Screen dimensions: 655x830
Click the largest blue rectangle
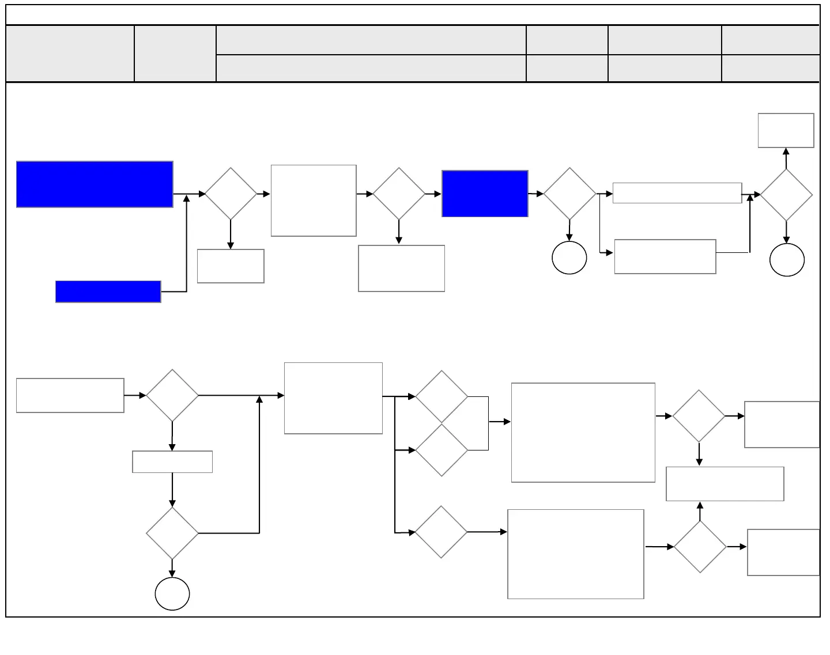coord(95,184)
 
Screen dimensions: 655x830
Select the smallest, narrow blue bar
coord(108,291)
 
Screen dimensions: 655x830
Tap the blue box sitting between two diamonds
coord(485,194)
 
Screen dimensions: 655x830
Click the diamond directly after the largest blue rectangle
coord(231,194)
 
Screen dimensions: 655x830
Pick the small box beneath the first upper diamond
coord(231,266)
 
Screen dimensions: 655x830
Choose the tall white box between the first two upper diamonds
coord(314,200)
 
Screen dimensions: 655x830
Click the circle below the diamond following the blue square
coord(569,258)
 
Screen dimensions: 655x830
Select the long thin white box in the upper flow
coord(677,193)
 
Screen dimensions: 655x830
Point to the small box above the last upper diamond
coord(786,130)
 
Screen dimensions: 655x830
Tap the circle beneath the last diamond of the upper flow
coord(787,260)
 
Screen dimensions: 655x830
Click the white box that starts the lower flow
coord(70,395)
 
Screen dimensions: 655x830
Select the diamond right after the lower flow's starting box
coord(172,395)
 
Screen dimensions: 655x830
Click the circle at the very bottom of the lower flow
coord(172,593)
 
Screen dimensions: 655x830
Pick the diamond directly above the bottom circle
coord(172,533)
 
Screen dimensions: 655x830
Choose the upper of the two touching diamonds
coord(442,396)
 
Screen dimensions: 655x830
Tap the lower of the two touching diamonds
coord(442,450)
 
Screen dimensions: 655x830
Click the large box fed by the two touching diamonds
coord(583,432)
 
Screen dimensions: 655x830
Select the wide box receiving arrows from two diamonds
coord(725,484)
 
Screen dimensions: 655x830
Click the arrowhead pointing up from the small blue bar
coord(186,199)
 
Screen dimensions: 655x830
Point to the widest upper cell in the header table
coord(371,40)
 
